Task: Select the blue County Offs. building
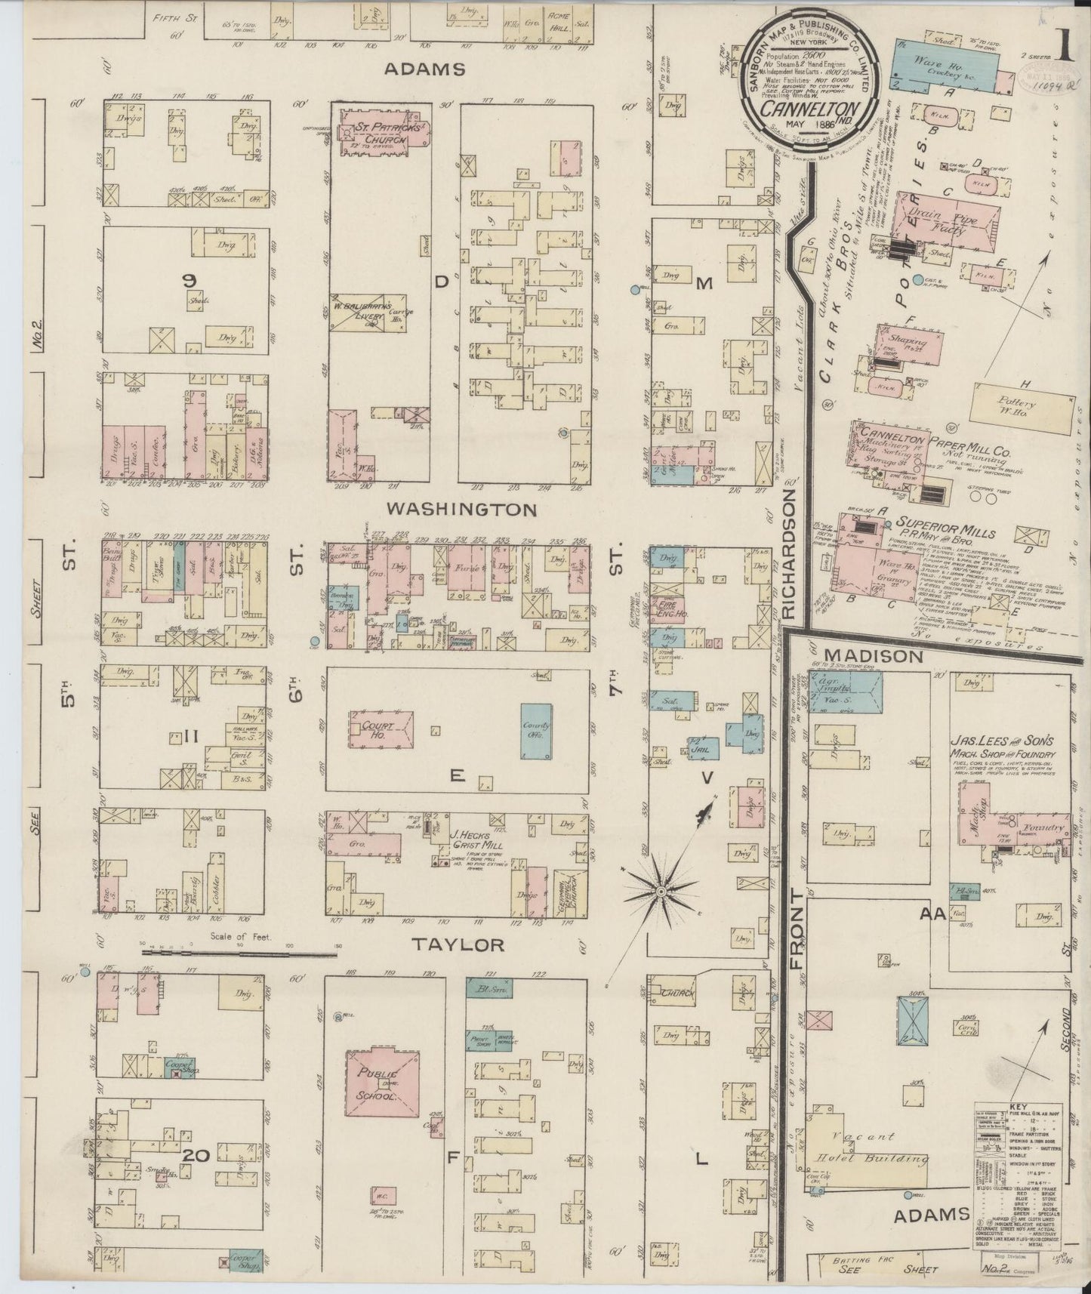pyautogui.click(x=535, y=730)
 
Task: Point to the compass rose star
pyautogui.click(x=661, y=892)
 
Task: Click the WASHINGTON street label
pyautogui.click(x=463, y=510)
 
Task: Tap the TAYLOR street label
pyautogui.click(x=458, y=944)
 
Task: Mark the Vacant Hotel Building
pyautogui.click(x=868, y=1150)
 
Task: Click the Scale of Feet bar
pyautogui.click(x=238, y=954)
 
